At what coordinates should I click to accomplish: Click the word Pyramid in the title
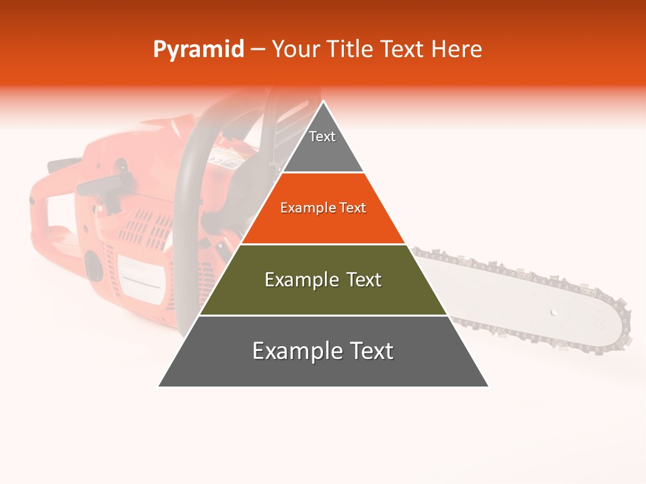click(199, 50)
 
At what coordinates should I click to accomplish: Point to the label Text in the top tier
click(322, 136)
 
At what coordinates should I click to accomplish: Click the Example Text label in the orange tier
click(323, 208)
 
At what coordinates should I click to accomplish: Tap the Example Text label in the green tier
click(323, 280)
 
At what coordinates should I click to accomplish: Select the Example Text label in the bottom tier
click(323, 351)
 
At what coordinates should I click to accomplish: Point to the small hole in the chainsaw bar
click(553, 313)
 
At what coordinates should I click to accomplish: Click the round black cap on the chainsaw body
click(93, 264)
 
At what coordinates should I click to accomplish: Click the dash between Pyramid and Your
click(258, 50)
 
